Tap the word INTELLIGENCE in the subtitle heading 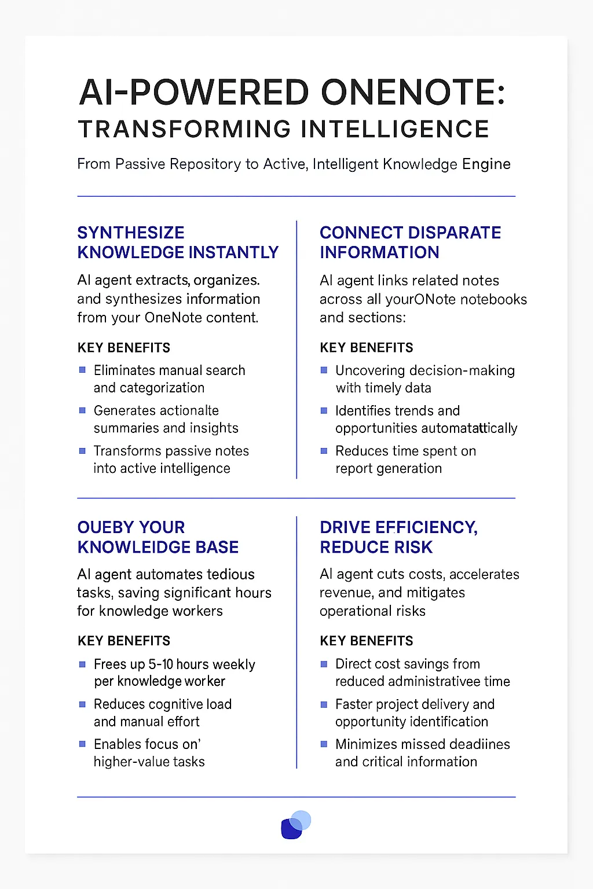point(395,129)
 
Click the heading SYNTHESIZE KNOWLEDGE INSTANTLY point(178,243)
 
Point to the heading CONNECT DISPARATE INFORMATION point(410,243)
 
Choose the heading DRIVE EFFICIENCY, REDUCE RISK point(398,537)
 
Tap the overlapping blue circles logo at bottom point(296,824)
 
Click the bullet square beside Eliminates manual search point(82,370)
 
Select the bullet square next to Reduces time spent point(324,451)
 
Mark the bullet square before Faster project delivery point(324,704)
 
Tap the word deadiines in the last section point(479,744)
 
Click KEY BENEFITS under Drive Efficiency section point(367,641)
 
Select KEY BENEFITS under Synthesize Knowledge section point(124,348)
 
